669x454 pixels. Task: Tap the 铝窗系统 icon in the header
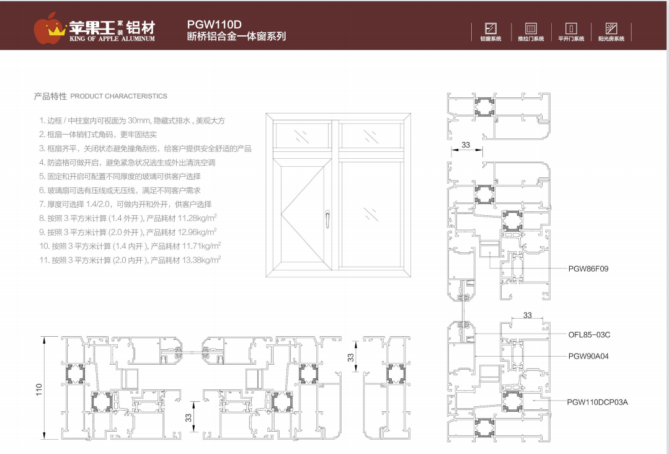coord(490,29)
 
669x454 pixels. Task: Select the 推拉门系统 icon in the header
coord(531,29)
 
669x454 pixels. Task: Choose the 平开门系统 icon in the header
coord(571,29)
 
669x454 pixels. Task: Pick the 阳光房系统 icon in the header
coord(611,29)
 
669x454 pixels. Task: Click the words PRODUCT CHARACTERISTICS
coord(118,97)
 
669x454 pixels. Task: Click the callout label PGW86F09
coord(588,269)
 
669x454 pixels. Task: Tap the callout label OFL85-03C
coord(589,335)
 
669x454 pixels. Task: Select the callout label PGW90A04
coord(588,357)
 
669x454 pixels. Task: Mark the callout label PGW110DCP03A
coord(597,402)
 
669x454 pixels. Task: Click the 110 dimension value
coord(39,389)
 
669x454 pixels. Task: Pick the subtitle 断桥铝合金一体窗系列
coord(236,37)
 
